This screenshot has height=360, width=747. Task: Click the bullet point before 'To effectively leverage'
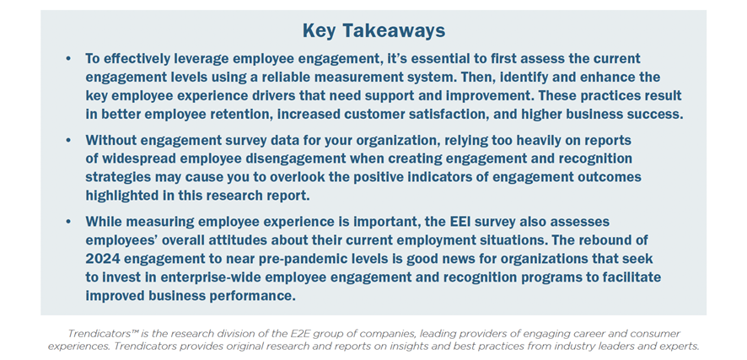pyautogui.click(x=68, y=58)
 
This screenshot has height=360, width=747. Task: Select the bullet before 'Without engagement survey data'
pyautogui.click(x=68, y=141)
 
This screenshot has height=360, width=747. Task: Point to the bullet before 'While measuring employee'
pyautogui.click(x=68, y=222)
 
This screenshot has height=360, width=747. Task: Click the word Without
pyautogui.click(x=109, y=141)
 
